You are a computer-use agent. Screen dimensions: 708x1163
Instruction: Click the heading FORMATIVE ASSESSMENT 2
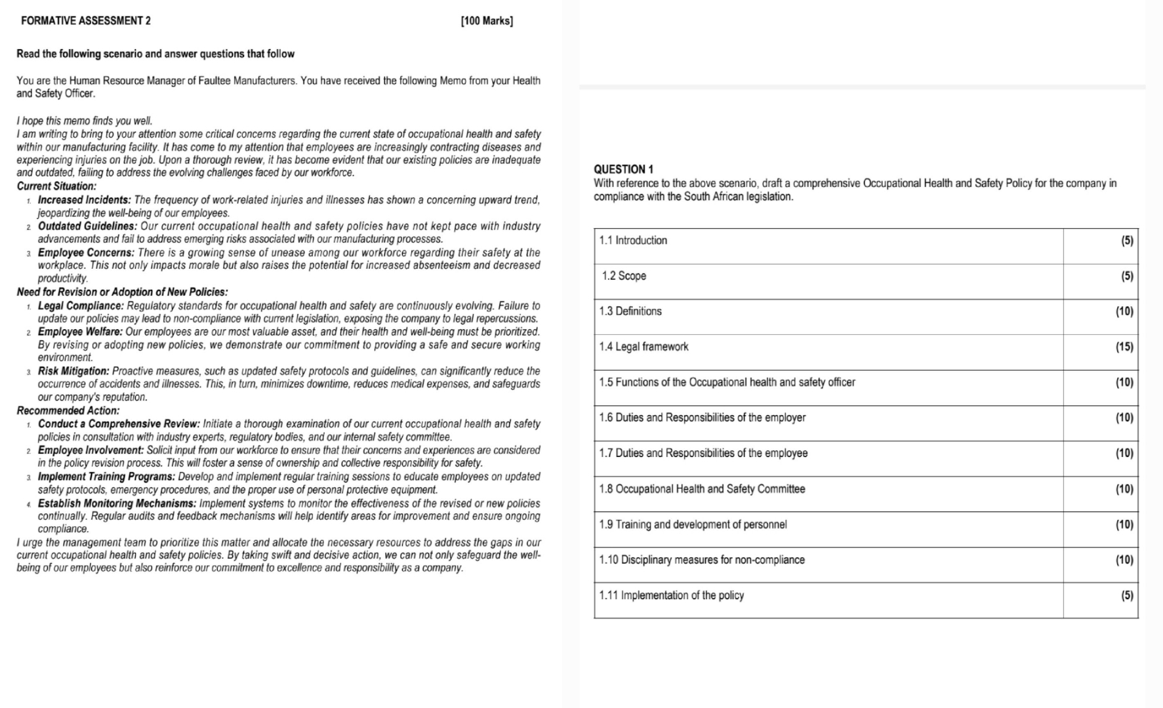coord(86,21)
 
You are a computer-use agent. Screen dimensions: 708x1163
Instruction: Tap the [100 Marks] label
coord(487,21)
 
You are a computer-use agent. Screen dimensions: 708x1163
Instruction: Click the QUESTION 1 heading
coord(623,169)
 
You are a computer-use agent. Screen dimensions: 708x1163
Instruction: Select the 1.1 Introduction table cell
coord(633,241)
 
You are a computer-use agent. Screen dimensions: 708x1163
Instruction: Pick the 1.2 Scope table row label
coord(624,276)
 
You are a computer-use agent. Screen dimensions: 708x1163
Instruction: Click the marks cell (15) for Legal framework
coord(1124,347)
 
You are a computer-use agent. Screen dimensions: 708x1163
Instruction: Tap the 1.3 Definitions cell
coord(630,311)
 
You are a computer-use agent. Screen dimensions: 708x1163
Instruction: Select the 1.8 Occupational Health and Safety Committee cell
coord(702,489)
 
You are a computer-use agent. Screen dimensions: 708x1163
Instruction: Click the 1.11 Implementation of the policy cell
coord(672,595)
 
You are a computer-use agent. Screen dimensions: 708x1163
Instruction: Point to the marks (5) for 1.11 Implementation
coord(1127,595)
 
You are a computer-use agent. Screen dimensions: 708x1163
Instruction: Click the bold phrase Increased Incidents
coord(84,200)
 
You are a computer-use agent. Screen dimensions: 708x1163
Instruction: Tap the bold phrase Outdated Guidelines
coord(87,226)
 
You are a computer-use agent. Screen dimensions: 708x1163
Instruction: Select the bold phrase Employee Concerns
coord(86,252)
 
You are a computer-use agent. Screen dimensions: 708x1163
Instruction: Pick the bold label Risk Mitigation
coord(73,371)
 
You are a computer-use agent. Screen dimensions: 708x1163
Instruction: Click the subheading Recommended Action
coord(68,410)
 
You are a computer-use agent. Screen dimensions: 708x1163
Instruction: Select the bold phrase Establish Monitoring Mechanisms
coord(117,503)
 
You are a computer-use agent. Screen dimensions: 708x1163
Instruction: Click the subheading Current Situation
coord(56,186)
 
